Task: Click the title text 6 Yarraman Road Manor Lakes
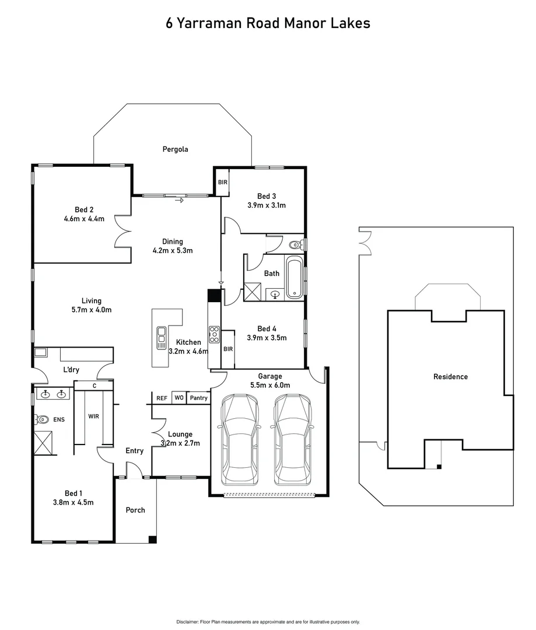pos(268,23)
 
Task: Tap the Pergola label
pos(175,149)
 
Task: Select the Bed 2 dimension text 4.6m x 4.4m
pos(84,219)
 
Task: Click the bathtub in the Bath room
pos(295,276)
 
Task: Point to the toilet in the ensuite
pos(42,419)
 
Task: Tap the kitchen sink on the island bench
pos(161,338)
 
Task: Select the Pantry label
pos(199,398)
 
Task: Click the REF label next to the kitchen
pos(162,398)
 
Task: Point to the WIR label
pos(93,416)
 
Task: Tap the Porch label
pos(135,510)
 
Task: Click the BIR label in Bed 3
pos(222,183)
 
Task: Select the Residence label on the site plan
pos(450,377)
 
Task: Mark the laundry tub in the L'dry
pos(40,352)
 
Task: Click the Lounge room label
pos(180,434)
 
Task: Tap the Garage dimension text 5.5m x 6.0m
pos(270,385)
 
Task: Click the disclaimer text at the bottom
pos(268,622)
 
